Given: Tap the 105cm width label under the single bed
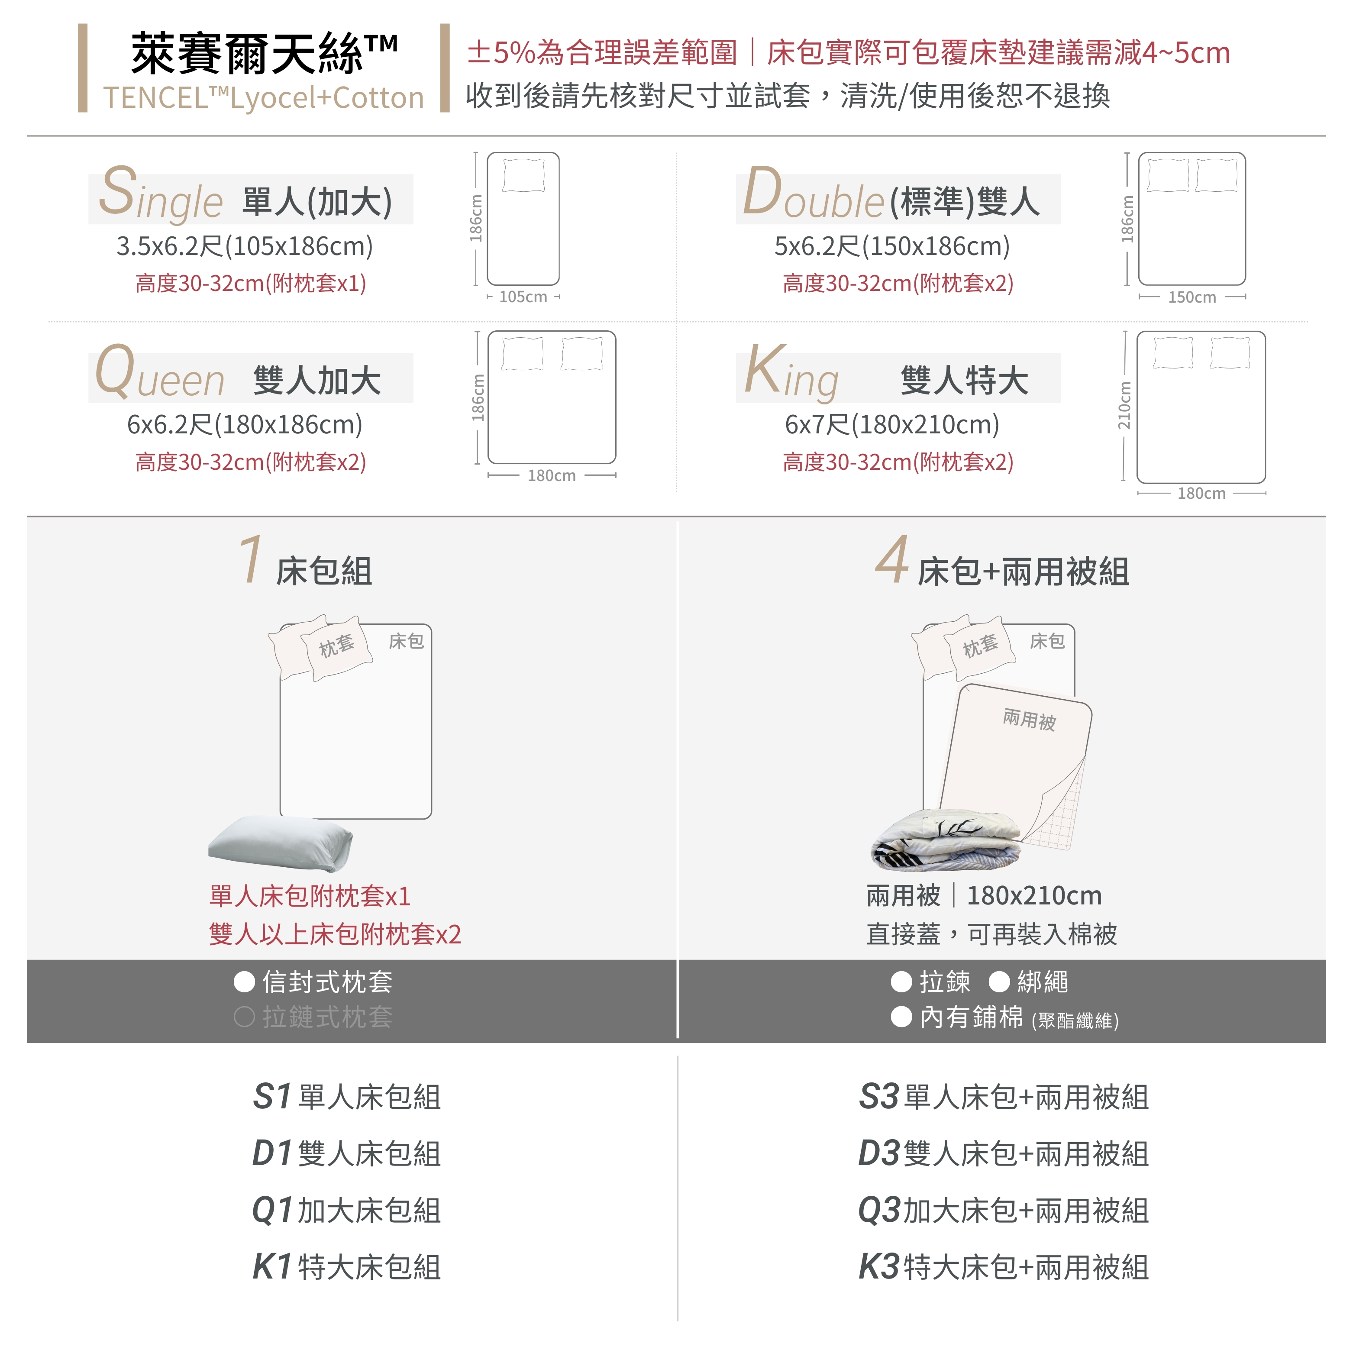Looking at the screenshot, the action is [523, 297].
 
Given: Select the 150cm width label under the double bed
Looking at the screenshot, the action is [1192, 297].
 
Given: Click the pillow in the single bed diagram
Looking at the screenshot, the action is [524, 175].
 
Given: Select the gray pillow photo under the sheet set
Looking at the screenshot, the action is [280, 843].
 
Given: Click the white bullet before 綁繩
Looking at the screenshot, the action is [999, 982].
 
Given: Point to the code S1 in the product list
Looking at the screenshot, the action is [272, 1097].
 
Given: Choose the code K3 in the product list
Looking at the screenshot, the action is [879, 1267].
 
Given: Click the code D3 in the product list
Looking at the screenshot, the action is [879, 1153].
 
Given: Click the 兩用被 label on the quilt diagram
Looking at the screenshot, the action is [1029, 719].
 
